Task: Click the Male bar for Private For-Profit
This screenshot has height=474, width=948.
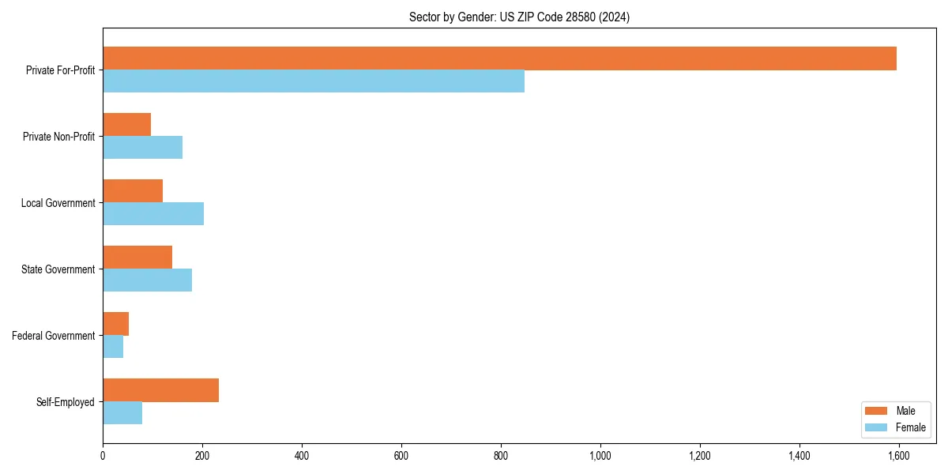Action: click(x=499, y=58)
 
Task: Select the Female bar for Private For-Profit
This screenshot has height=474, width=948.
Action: click(x=314, y=81)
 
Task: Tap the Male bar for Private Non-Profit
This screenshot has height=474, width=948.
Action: click(x=126, y=125)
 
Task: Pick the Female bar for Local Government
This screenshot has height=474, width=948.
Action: click(x=153, y=214)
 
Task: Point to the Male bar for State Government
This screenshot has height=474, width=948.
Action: click(x=137, y=258)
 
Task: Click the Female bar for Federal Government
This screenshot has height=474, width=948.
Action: click(x=113, y=347)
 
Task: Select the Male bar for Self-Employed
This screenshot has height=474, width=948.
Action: click(x=160, y=390)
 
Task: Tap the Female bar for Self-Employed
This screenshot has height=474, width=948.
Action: click(x=122, y=413)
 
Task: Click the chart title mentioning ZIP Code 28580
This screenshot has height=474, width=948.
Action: click(x=519, y=17)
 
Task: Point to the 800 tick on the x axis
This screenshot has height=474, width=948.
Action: click(x=501, y=455)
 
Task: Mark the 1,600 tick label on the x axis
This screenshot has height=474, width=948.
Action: click(x=899, y=455)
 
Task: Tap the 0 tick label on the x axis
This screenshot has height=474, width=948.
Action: click(x=103, y=455)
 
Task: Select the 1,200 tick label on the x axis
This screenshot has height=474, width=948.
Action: click(x=700, y=455)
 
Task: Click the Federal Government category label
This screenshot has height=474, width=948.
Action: click(x=54, y=336)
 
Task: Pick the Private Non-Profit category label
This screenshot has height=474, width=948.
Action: click(x=58, y=137)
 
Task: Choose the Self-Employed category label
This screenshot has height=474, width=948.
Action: click(x=66, y=402)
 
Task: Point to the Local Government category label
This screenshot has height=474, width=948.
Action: click(x=58, y=203)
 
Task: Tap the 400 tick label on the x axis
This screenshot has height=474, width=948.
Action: click(x=302, y=455)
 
